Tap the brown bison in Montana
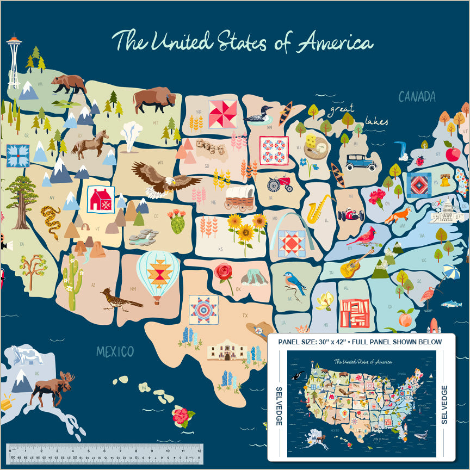pos(154,100)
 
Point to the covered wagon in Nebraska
pos(240,198)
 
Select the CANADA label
pos(417,97)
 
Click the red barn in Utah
pos(101,200)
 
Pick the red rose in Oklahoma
pos(224,273)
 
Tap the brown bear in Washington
pos(70,84)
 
